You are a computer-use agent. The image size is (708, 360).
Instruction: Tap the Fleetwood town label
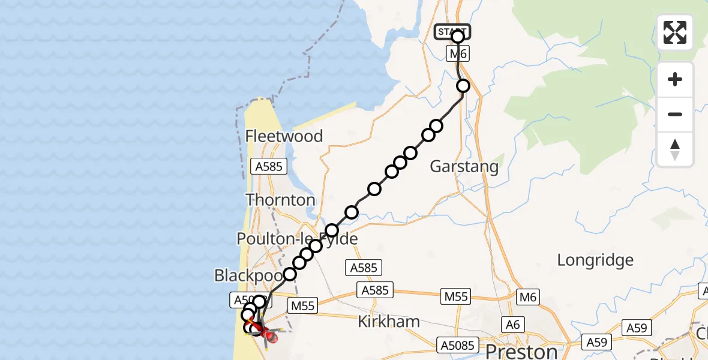284,136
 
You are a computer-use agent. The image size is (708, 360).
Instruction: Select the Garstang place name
464,166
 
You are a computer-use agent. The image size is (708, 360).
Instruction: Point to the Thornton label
280,200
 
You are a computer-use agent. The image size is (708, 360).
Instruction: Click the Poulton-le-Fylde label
297,239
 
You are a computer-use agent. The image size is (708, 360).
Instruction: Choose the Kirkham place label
388,321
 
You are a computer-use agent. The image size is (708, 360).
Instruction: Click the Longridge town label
595,260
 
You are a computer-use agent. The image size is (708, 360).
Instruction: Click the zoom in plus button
675,79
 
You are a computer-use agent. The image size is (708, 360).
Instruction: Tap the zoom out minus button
675,114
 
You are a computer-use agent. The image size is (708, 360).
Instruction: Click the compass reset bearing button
675,149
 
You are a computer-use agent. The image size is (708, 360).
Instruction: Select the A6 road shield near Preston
512,325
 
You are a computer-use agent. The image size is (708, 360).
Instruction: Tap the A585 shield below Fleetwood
268,166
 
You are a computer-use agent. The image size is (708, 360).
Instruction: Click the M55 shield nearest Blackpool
302,305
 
